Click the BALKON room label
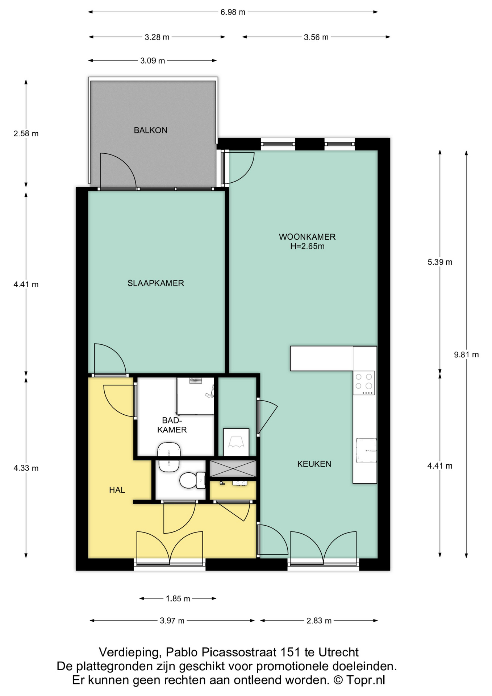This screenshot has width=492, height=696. (150, 130)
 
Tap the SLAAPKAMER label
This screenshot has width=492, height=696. (155, 283)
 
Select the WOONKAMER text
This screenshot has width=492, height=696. (307, 237)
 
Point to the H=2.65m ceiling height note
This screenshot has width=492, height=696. (307, 246)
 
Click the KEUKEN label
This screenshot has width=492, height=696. (314, 464)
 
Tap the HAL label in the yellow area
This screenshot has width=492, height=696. (117, 490)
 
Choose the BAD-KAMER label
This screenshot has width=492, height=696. (172, 425)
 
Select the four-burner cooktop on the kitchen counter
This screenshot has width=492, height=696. (364, 382)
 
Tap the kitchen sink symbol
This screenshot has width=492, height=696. (366, 451)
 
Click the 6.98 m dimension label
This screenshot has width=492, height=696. (233, 12)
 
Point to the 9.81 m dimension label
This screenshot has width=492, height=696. (466, 355)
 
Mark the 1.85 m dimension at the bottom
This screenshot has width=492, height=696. (178, 598)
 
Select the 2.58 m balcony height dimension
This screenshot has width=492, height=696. (26, 133)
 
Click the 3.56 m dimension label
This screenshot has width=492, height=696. (316, 37)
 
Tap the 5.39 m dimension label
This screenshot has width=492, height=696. (440, 262)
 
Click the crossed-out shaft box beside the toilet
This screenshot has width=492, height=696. (233, 468)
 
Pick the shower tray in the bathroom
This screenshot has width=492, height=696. (195, 396)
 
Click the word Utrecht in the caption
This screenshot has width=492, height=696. (338, 652)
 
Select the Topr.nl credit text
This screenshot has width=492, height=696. (365, 680)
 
